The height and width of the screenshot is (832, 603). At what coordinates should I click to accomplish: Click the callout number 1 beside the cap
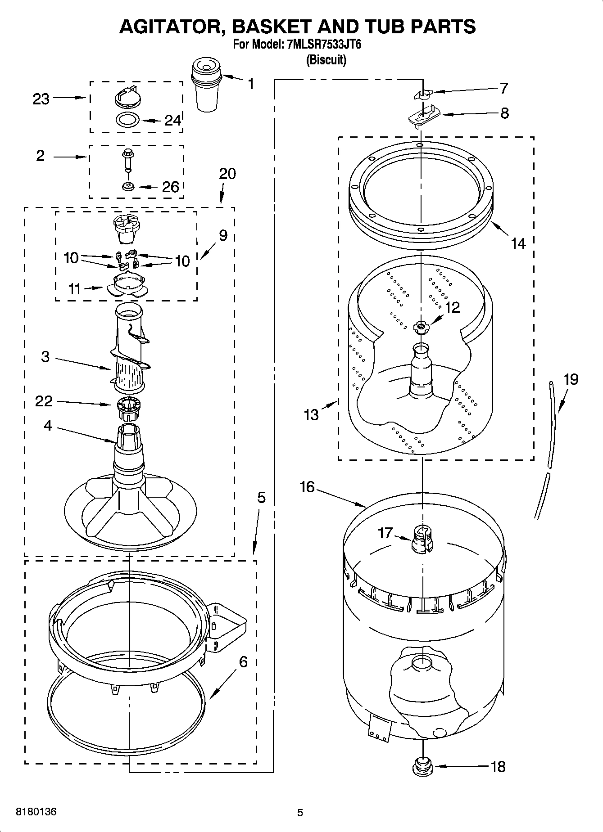250,83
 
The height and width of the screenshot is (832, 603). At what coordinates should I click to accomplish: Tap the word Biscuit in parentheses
326,60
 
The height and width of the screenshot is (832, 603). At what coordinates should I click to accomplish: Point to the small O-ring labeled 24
127,120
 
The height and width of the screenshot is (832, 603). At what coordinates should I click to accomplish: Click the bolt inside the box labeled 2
127,160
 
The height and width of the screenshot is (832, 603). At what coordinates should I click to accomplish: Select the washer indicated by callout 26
128,185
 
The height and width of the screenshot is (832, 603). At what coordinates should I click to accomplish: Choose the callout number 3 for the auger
45,357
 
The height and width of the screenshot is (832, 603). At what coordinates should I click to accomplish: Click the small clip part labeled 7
422,94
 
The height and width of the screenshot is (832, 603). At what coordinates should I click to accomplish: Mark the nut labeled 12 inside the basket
421,327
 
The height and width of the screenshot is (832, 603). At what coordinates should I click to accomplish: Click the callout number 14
518,243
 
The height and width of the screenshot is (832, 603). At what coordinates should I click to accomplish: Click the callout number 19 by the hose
571,379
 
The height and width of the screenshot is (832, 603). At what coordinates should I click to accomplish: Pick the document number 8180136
36,812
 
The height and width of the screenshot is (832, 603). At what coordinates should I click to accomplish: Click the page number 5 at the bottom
300,813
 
